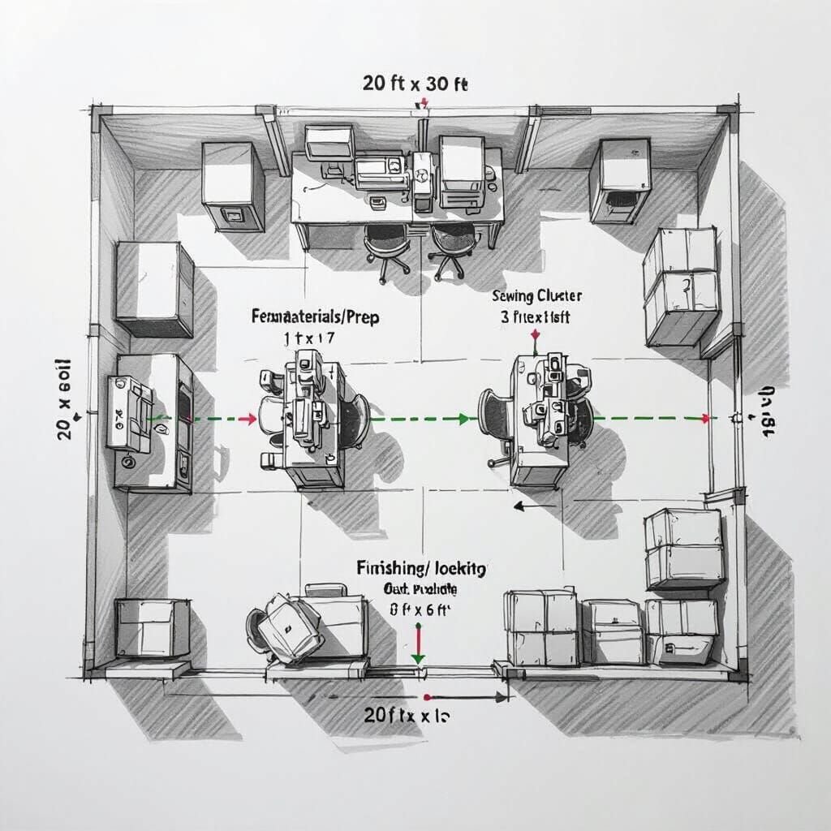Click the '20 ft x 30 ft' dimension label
(415, 84)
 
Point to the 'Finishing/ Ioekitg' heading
(421, 569)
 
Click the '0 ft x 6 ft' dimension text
(419, 609)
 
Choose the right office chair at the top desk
(451, 248)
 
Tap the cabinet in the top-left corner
(233, 185)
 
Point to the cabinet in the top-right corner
(620, 180)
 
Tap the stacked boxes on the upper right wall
(682, 285)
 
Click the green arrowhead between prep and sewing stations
(463, 419)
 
